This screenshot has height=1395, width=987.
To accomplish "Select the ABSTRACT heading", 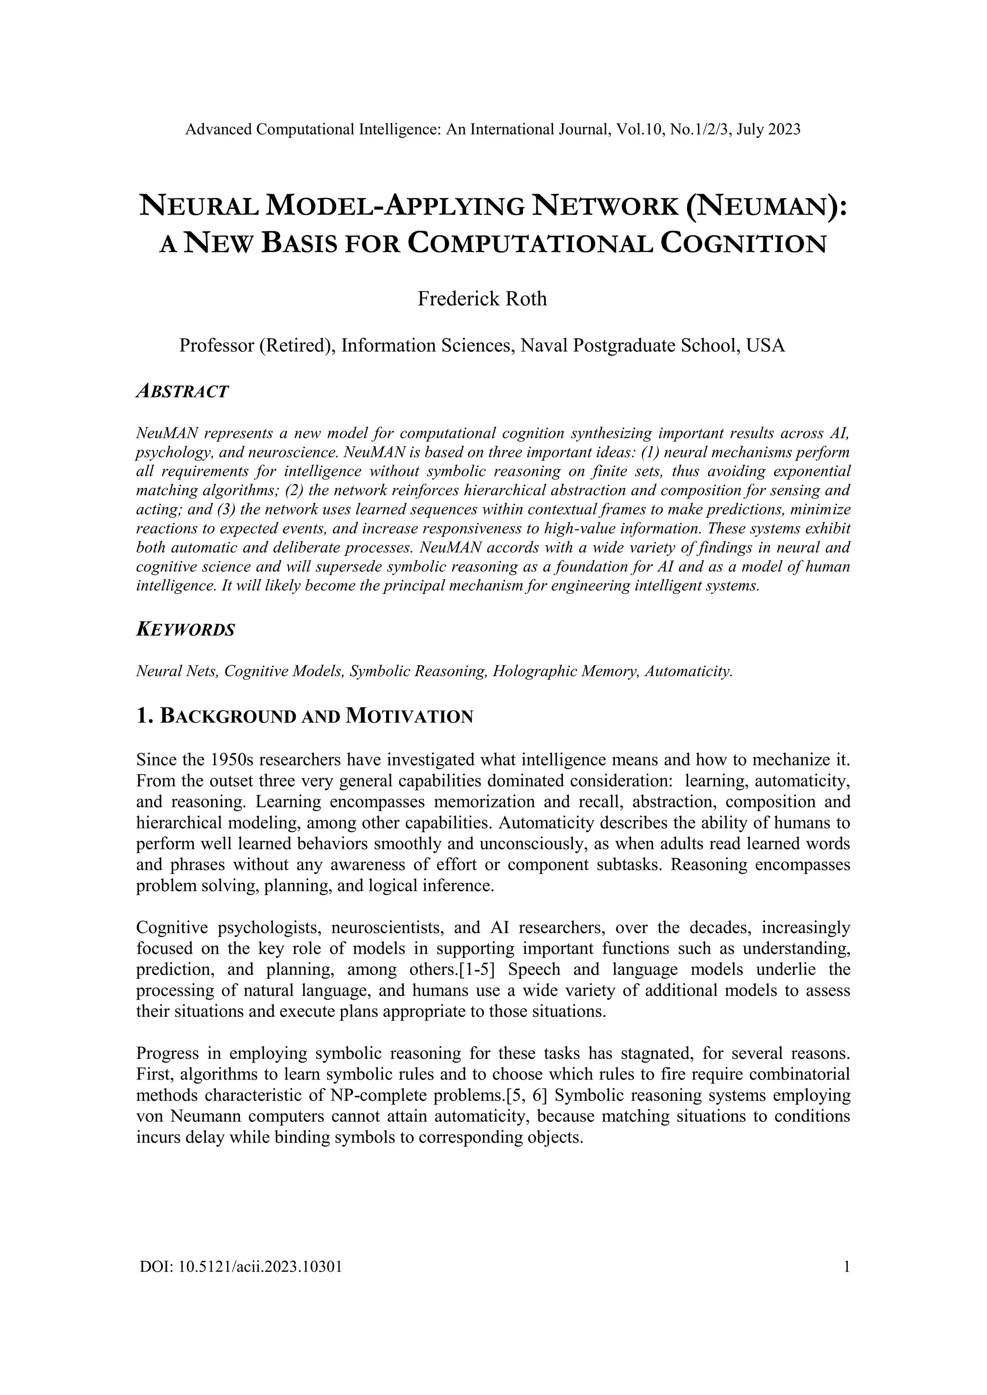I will [x=182, y=391].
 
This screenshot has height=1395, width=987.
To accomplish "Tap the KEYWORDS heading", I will [x=186, y=630].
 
